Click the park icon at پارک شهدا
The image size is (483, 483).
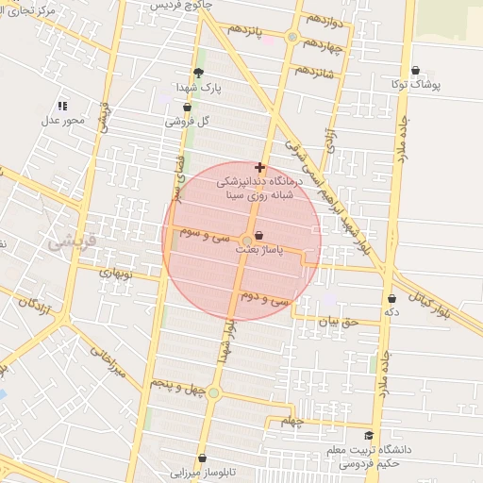(x=198, y=73)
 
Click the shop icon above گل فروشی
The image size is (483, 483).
(x=187, y=108)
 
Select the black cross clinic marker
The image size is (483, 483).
(x=260, y=167)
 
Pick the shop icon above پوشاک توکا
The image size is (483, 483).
(x=416, y=69)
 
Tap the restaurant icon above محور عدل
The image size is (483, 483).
(x=62, y=107)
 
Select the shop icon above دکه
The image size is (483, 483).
(x=391, y=299)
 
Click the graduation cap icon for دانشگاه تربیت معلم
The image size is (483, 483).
(x=369, y=435)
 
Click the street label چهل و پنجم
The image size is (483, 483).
(x=173, y=384)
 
